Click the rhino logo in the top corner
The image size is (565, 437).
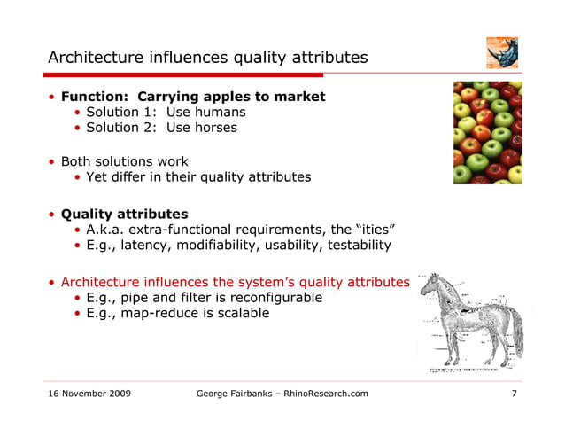click(x=502, y=53)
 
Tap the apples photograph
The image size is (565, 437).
click(x=487, y=133)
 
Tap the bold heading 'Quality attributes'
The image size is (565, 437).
click(x=124, y=214)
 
